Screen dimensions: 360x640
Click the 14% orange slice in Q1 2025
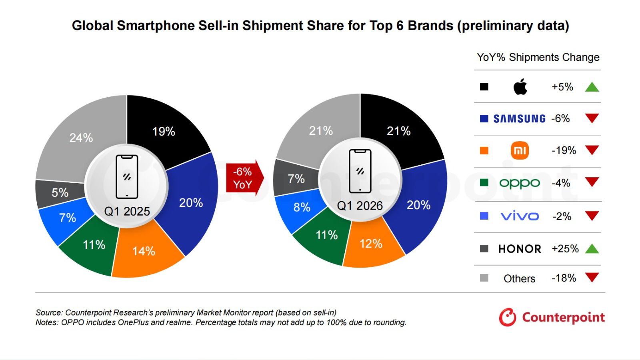[x=144, y=251]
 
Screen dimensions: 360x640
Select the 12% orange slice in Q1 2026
[x=371, y=243]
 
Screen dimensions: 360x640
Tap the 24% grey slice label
[x=81, y=138]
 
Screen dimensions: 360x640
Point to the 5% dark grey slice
[x=60, y=193]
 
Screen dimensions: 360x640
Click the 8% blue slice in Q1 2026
[x=302, y=207]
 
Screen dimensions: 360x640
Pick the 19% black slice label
[x=164, y=131]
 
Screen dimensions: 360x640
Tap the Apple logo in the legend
[x=520, y=87]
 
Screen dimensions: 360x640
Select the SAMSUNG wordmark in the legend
[x=519, y=119]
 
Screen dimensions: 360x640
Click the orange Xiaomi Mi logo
[x=520, y=150]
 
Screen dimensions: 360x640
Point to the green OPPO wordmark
[x=520, y=183]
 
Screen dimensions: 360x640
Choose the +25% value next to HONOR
[x=565, y=249]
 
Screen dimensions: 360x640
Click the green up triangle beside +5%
[x=592, y=87]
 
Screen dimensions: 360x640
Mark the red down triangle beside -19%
[x=592, y=150]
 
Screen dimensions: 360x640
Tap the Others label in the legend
[x=519, y=278]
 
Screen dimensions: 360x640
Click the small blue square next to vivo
[x=484, y=216]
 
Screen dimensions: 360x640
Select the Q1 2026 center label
[x=360, y=206]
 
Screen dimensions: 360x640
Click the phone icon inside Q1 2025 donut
[x=127, y=177]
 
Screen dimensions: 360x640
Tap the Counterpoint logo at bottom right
[x=552, y=317]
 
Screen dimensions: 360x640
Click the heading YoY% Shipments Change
[x=538, y=57]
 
